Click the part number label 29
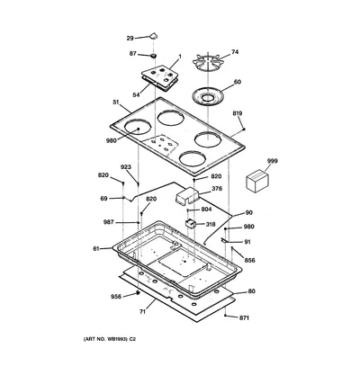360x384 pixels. (x=130, y=38)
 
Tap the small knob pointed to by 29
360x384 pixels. (x=154, y=36)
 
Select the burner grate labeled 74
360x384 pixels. (x=208, y=63)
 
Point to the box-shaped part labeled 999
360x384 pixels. (x=257, y=181)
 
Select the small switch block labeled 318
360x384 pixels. (x=190, y=223)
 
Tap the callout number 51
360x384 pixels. (x=116, y=103)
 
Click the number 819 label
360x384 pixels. (x=238, y=113)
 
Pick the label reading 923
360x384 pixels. (x=126, y=167)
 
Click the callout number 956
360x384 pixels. (x=116, y=297)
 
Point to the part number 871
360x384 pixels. (x=244, y=317)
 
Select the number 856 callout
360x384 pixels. (x=249, y=260)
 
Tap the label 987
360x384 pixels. (x=109, y=222)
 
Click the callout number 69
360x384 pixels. (x=103, y=199)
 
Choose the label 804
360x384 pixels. (x=206, y=210)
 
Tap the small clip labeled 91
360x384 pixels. (x=225, y=240)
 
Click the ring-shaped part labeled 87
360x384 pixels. (x=153, y=56)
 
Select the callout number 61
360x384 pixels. (x=96, y=248)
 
